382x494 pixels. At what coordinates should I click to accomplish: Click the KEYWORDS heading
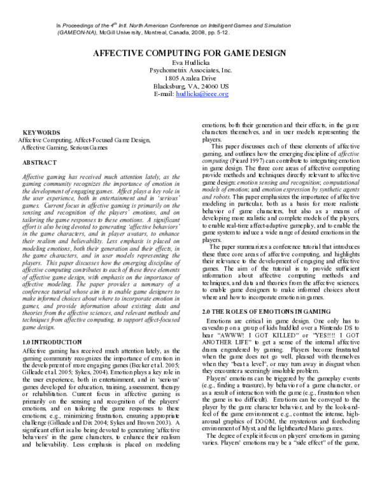(41, 132)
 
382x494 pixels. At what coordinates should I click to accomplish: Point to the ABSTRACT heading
(40, 163)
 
